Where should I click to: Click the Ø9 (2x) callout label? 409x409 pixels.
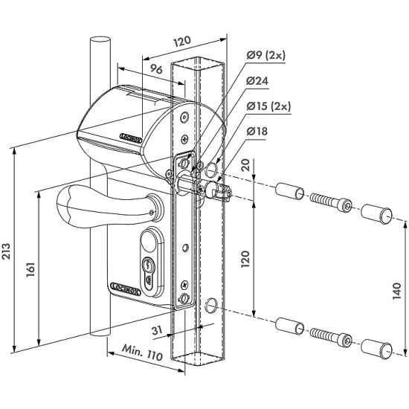[266, 56]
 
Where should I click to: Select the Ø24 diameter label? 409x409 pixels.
[257, 81]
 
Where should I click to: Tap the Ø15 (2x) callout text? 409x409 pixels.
[268, 106]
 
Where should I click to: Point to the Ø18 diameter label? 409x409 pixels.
[257, 131]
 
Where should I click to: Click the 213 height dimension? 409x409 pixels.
[6, 251]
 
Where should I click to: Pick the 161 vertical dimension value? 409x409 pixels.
[30, 270]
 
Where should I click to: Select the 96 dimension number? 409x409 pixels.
[156, 69]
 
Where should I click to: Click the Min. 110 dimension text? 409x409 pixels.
[143, 352]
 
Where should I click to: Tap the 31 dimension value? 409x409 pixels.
[157, 330]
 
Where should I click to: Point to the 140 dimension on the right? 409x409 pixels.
[397, 291]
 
